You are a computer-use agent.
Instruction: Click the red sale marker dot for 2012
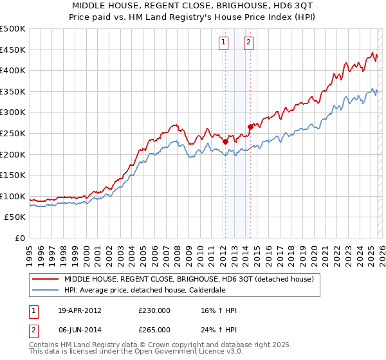[225, 141]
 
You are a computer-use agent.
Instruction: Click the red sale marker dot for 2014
[250, 127]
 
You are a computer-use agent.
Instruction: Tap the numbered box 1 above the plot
[223, 43]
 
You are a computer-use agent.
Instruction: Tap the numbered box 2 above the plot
[248, 43]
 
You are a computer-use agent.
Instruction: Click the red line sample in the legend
[45, 280]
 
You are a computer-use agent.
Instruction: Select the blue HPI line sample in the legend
[45, 290]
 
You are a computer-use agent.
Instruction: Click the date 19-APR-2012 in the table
[80, 310]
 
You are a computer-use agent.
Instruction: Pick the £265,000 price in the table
[154, 329]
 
